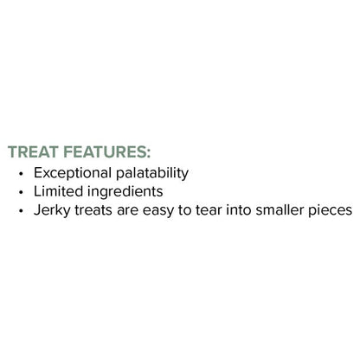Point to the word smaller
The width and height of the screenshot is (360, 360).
[x=285, y=210]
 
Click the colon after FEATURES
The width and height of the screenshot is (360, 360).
[x=149, y=152]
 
